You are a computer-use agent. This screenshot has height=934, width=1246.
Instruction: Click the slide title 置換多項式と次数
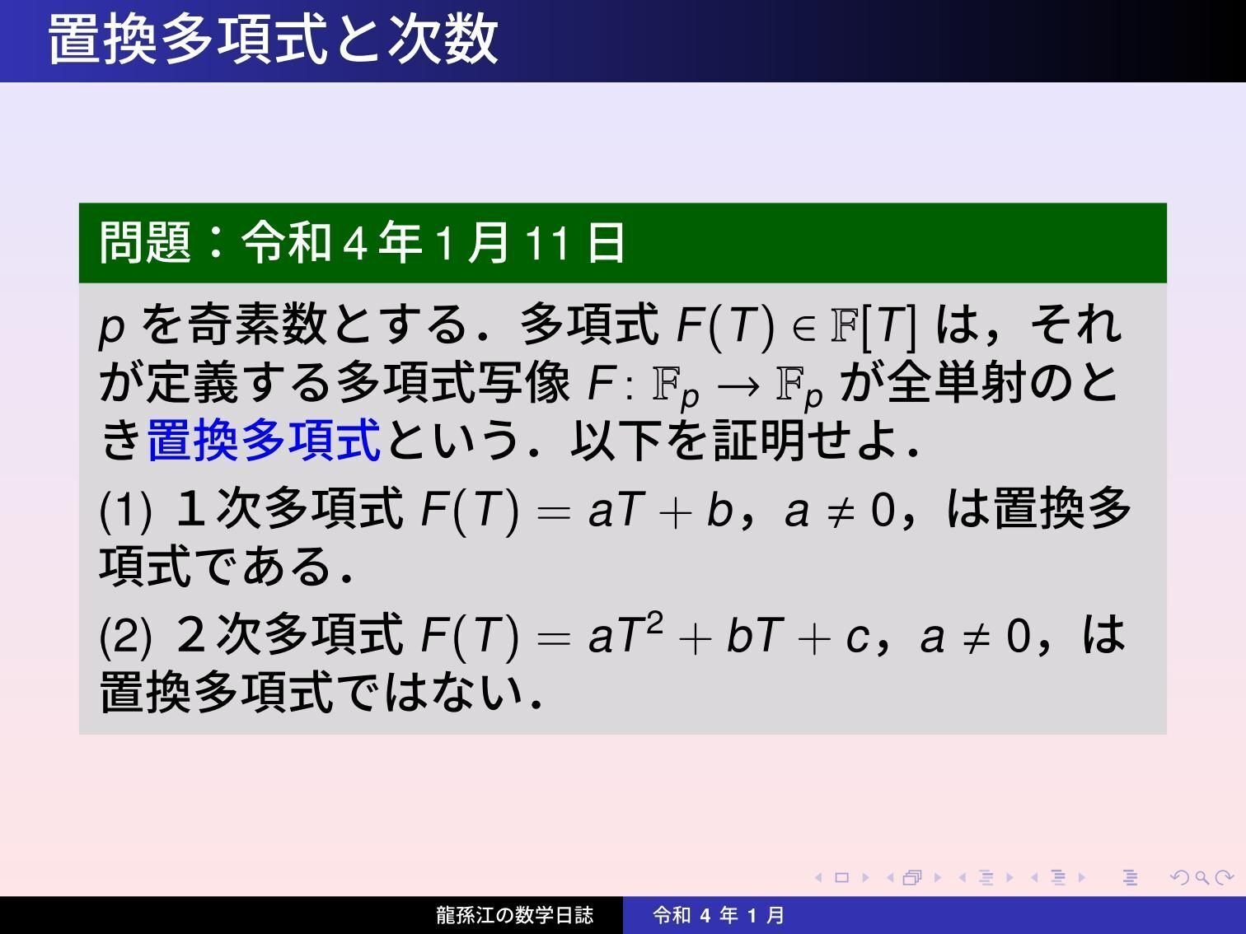pyautogui.click(x=273, y=39)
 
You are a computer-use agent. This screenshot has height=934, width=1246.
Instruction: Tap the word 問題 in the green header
pyautogui.click(x=145, y=243)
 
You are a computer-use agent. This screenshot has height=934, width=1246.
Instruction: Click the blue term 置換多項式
pyautogui.click(x=264, y=440)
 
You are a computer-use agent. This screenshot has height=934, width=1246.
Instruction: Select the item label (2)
pyautogui.click(x=125, y=637)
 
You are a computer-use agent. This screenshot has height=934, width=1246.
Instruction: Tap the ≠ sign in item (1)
pyautogui.click(x=840, y=511)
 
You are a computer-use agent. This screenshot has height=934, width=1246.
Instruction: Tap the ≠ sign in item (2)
pyautogui.click(x=976, y=637)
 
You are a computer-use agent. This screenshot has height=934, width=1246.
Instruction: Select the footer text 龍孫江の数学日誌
pyautogui.click(x=514, y=915)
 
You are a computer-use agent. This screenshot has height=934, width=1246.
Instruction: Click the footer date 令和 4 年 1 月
pyautogui.click(x=718, y=915)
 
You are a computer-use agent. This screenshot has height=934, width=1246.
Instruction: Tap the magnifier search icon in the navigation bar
pyautogui.click(x=1201, y=878)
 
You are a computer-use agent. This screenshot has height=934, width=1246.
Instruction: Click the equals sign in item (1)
pyautogui.click(x=553, y=511)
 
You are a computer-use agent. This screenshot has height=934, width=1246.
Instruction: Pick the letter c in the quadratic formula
pyautogui.click(x=857, y=637)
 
